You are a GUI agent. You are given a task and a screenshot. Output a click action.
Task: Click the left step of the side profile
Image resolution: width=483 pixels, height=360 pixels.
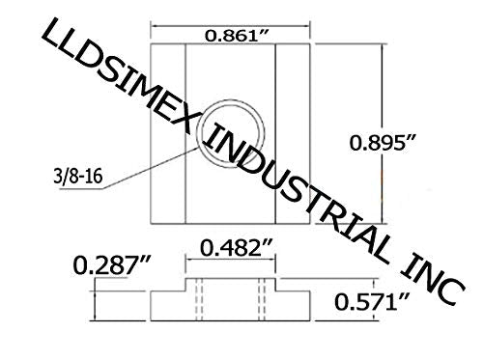click(x=166, y=308)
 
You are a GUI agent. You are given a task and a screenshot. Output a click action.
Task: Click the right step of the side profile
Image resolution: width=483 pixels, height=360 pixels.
click(x=294, y=308)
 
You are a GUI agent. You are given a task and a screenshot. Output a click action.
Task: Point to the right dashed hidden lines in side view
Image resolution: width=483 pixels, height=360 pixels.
click(x=261, y=298)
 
